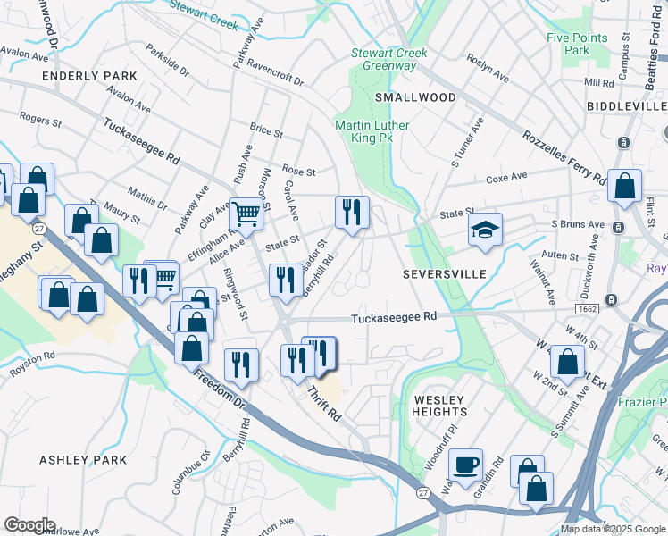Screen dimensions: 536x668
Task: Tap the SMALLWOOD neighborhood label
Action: pos(415,96)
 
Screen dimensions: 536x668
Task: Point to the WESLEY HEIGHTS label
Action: pos(439,406)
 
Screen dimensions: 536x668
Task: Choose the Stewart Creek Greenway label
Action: pos(389,59)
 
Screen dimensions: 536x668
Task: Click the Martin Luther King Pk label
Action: pos(372,132)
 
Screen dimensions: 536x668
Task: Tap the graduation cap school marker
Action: pos(486,230)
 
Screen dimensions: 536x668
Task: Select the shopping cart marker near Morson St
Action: pos(246,213)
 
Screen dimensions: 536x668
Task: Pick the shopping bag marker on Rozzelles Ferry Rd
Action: pos(624,186)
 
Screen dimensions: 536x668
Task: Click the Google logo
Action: pos(29,525)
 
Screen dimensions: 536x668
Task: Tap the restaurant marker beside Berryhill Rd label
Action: pos(285,279)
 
